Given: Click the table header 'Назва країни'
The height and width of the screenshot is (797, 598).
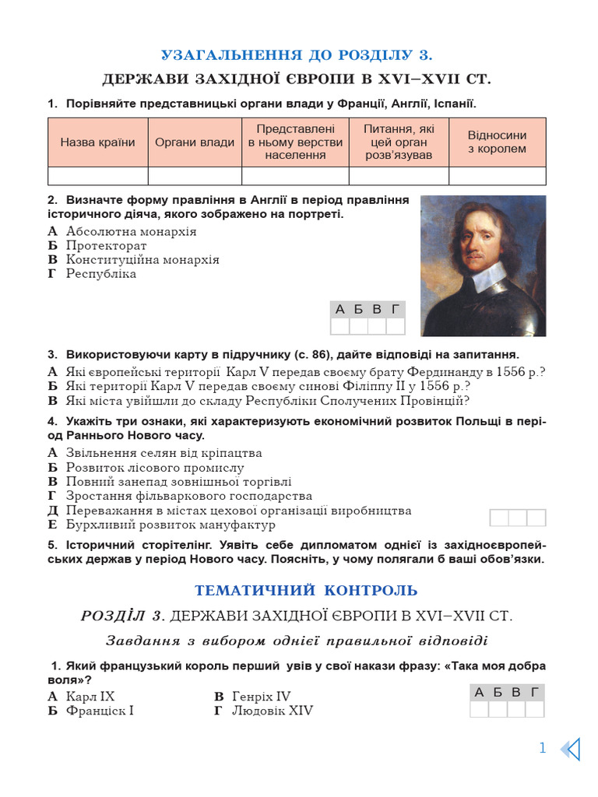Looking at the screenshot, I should tap(97, 142).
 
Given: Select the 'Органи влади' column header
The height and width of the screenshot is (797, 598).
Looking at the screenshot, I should tap(194, 142).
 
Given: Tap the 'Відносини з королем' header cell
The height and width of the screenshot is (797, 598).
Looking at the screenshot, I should tap(497, 142).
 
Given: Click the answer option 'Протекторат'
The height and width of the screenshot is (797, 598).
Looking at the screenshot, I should tap(106, 246).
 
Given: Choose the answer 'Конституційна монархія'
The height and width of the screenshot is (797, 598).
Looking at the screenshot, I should tap(142, 260).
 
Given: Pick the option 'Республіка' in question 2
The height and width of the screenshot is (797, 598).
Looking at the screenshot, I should tap(101, 274).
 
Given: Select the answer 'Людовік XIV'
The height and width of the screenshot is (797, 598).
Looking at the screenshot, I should tap(273, 711).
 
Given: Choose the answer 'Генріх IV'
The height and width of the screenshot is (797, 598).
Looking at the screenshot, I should tap(261, 697).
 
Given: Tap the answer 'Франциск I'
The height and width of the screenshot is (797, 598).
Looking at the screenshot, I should tap(100, 711).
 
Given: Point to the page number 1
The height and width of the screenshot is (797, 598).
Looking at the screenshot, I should tap(543, 749).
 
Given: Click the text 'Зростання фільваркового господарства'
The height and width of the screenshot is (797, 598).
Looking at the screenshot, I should tap(189, 497).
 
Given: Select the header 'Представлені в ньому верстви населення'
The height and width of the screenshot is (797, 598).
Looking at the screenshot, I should tap(295, 142).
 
